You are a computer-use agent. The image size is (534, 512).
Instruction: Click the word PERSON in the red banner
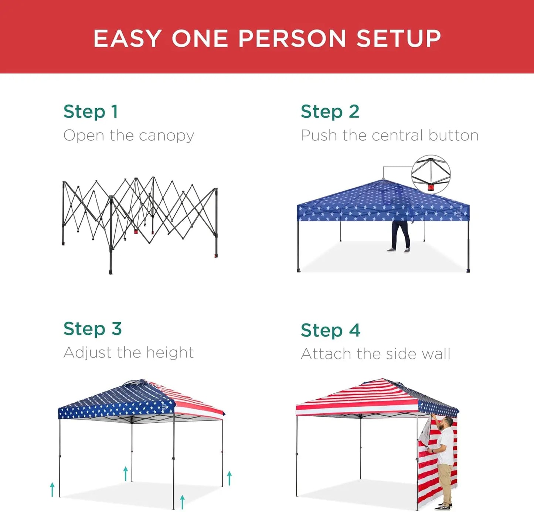(x=292, y=38)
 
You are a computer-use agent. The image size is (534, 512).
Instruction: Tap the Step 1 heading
(x=91, y=112)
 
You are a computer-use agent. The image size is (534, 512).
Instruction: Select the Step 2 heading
(x=330, y=112)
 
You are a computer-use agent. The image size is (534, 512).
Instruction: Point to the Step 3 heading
(x=92, y=329)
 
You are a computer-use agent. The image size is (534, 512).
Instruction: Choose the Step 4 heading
(x=330, y=330)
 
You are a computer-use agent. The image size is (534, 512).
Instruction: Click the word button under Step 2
(x=453, y=135)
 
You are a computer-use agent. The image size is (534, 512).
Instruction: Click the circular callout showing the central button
(x=431, y=174)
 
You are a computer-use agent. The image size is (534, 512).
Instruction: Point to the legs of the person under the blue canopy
(x=400, y=236)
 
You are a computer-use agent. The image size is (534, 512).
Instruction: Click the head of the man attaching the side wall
(x=448, y=421)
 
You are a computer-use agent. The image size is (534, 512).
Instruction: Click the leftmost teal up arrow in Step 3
(x=52, y=489)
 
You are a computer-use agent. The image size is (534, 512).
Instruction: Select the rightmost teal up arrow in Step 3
(x=229, y=478)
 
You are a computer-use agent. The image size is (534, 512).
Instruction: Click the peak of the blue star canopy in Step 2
(x=383, y=180)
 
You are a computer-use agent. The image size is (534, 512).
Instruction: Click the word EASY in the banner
(x=127, y=38)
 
